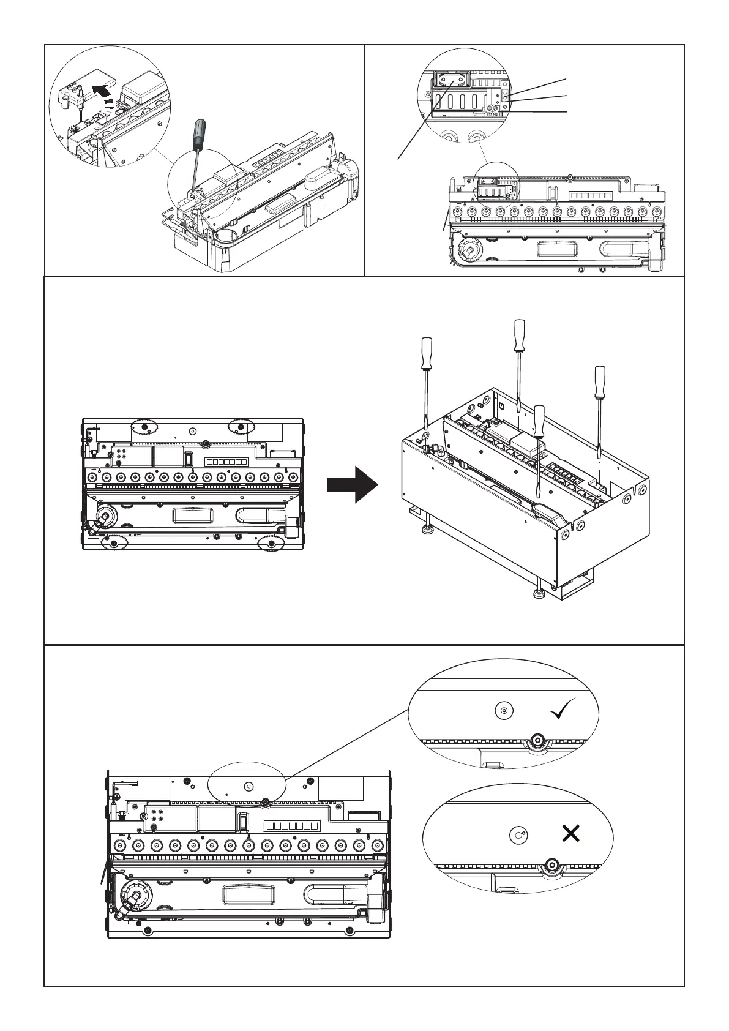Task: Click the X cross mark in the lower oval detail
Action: pos(570,833)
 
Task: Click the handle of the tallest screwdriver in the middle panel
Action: pos(520,336)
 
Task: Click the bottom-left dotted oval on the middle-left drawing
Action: pos(115,542)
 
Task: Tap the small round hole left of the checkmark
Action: pos(503,711)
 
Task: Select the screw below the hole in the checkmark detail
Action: pos(537,740)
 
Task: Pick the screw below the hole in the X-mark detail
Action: pos(551,864)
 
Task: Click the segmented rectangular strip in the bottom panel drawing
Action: pos(291,826)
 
